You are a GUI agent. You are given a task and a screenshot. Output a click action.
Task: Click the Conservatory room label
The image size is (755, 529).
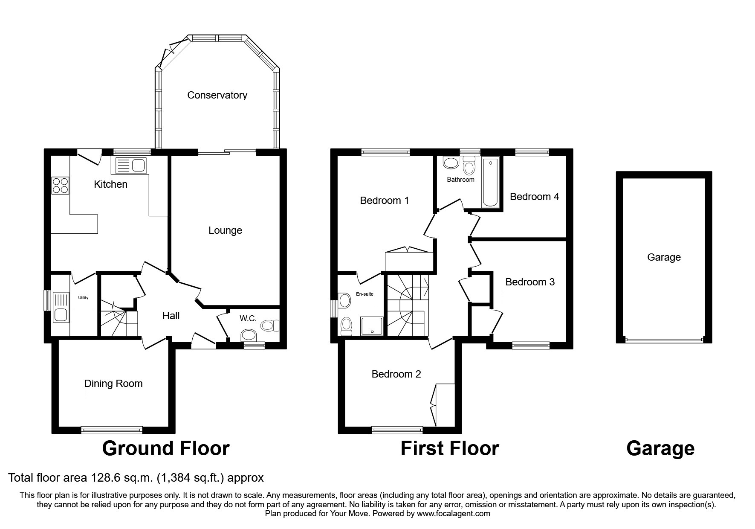217,95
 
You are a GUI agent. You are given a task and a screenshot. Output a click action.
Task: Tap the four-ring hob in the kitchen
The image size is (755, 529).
60,186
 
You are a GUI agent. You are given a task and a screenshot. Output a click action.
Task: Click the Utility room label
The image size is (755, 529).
83,298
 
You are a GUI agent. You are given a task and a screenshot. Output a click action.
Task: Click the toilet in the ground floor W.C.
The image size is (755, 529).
269,326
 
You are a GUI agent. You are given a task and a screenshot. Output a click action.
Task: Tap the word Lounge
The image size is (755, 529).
225,231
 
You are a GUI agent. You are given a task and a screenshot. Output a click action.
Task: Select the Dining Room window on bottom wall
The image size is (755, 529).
112,430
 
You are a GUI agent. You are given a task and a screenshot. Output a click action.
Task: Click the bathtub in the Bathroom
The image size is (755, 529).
490,183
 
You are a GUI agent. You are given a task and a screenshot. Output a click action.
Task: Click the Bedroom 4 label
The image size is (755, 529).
534,197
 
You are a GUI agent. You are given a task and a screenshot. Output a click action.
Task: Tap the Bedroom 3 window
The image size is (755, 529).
530,346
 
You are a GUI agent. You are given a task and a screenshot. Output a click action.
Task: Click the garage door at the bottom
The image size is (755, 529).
664,340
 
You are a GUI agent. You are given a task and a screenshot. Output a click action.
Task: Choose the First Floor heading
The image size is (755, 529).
449,449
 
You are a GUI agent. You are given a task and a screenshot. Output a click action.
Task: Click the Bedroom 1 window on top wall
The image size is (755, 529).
385,152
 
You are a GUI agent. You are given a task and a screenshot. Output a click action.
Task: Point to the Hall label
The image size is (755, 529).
171,316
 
